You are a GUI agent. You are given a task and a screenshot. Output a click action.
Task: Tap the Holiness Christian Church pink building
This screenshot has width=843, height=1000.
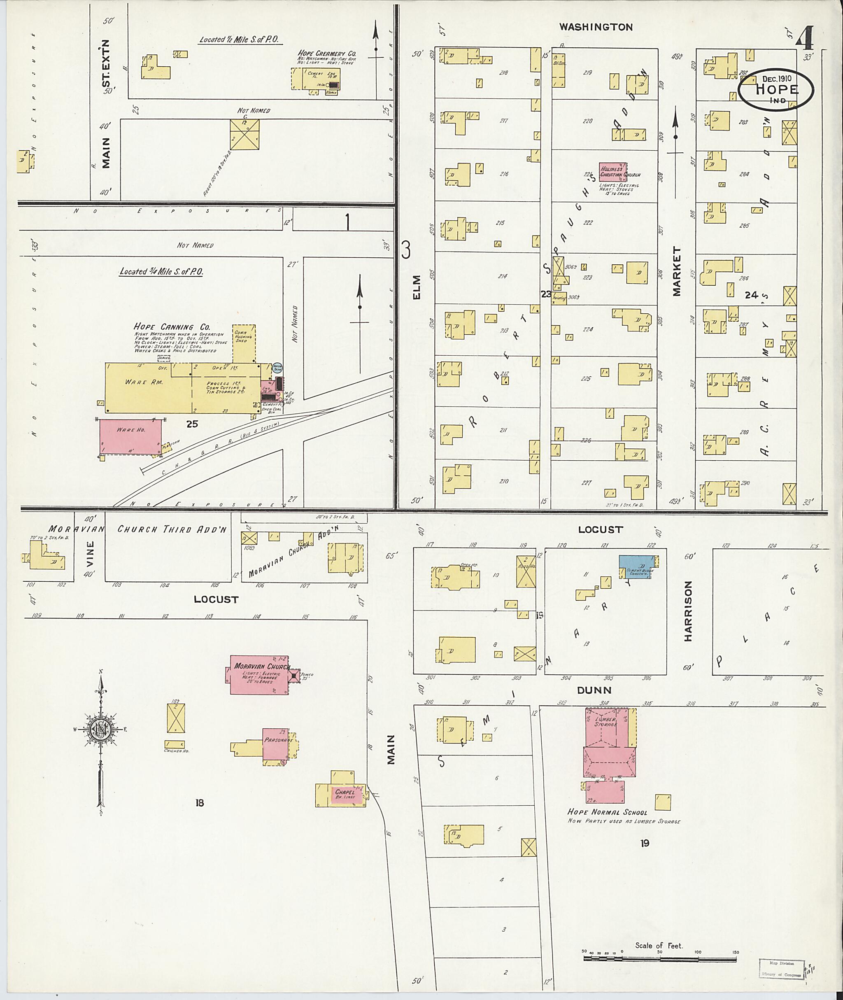pos(612,171)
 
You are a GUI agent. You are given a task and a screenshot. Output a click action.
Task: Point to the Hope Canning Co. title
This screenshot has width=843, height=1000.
pos(172,327)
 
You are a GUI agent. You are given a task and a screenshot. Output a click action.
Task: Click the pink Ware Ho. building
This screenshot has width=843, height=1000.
pos(130,436)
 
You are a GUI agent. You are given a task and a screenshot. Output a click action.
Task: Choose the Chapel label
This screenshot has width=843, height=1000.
pos(345,793)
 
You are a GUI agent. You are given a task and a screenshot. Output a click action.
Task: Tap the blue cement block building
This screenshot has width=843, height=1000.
pos(636,566)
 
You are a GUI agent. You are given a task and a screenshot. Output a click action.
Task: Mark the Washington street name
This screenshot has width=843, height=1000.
pos(596,27)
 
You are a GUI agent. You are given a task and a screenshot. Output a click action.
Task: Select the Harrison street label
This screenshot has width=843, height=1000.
pos(688,611)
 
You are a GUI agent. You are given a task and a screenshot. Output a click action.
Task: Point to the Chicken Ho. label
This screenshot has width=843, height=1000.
pos(176,751)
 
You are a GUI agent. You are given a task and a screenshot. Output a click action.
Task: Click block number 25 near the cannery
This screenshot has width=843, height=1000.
pos(193,424)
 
